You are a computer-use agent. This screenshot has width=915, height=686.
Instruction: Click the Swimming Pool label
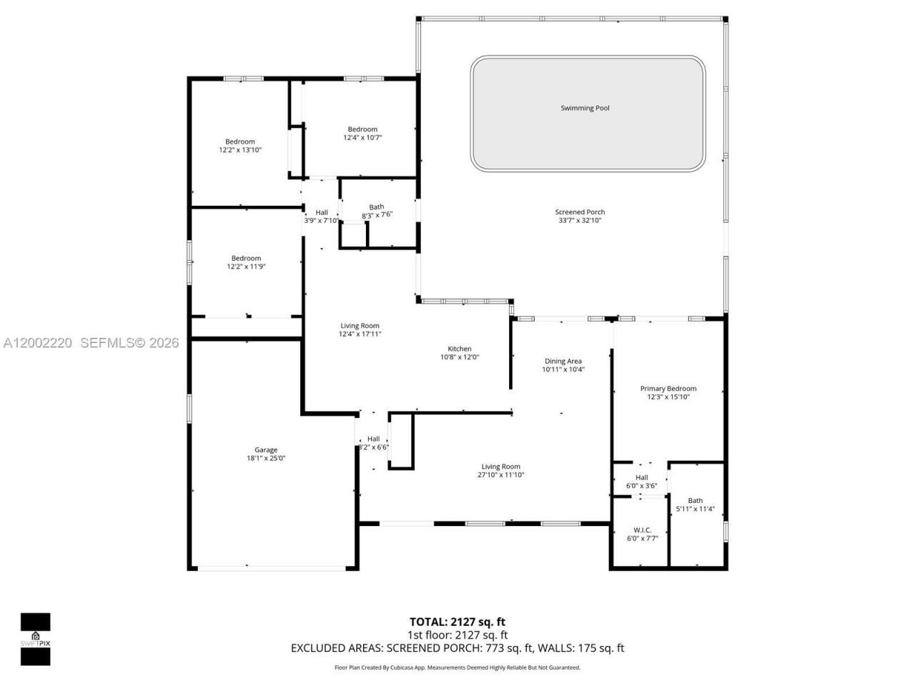click(x=585, y=108)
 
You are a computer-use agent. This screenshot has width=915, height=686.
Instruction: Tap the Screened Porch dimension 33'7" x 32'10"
click(x=580, y=221)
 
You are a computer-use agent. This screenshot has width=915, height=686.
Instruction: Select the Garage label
click(x=266, y=450)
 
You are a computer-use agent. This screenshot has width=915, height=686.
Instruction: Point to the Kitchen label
click(x=460, y=349)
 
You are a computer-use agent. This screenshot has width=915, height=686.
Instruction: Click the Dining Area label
click(x=563, y=362)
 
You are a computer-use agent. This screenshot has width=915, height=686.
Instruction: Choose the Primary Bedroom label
click(x=668, y=389)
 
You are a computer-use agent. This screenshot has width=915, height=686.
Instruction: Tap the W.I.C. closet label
click(x=642, y=530)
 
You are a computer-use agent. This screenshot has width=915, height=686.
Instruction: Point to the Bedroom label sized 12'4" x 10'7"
click(x=362, y=129)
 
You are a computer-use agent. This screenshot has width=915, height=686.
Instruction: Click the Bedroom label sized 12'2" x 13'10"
click(x=240, y=141)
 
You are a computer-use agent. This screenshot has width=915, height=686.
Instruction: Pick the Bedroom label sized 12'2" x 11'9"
click(x=246, y=258)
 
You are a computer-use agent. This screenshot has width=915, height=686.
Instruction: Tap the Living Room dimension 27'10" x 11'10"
click(x=500, y=474)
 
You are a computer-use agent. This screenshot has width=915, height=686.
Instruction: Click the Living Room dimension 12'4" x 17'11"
click(x=360, y=334)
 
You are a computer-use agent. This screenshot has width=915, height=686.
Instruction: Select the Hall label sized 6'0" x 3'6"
click(x=641, y=477)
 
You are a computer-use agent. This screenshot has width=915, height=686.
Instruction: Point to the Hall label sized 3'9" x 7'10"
click(x=322, y=212)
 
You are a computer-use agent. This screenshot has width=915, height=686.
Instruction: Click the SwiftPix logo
click(x=35, y=638)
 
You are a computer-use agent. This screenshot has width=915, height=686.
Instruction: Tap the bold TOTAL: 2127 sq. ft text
click(x=457, y=622)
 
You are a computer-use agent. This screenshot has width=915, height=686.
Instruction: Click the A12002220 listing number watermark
click(x=38, y=343)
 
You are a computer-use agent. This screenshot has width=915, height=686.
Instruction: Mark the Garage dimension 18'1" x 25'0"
click(x=266, y=459)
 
